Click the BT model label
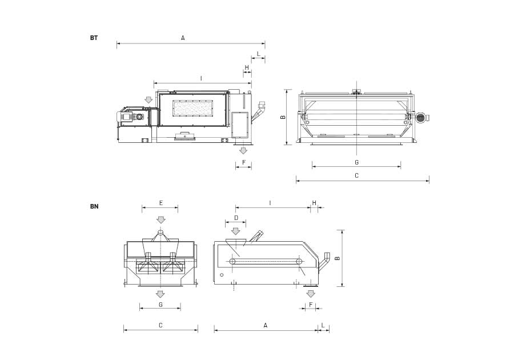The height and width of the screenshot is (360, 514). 94,38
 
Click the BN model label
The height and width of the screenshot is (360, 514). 94,206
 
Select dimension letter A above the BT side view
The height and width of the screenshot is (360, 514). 183,38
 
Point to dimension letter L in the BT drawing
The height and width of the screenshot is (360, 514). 258,54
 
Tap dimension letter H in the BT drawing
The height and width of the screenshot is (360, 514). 247,67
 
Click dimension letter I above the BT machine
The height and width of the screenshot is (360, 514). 201,79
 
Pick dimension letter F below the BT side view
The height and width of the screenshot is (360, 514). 243,162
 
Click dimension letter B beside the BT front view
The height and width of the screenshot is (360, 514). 283,117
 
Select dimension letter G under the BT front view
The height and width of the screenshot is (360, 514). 356,162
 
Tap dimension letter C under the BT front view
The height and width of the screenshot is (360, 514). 356,176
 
